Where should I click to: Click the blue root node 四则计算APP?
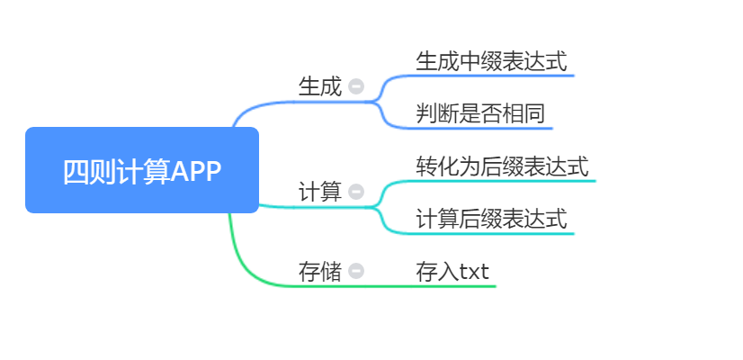click(x=142, y=170)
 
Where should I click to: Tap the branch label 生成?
click(x=320, y=87)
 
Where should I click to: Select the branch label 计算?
click(x=320, y=192)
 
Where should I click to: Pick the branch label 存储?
click(x=320, y=271)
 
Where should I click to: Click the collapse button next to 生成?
click(x=356, y=87)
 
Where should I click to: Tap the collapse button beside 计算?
click(x=356, y=192)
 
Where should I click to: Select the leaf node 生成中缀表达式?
click(x=491, y=61)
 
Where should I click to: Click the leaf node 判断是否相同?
click(x=480, y=114)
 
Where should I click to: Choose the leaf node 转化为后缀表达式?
click(x=502, y=166)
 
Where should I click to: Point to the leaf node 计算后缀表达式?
click(x=491, y=219)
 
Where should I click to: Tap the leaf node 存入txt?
click(x=452, y=271)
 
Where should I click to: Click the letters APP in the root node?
click(x=195, y=171)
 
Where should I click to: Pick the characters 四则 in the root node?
click(x=80, y=171)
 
